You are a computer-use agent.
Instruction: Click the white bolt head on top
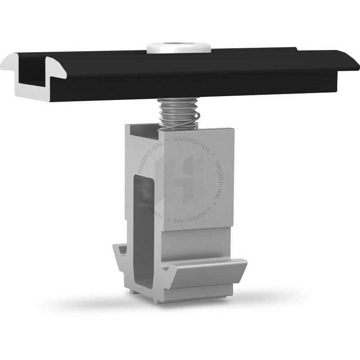(x=179, y=48)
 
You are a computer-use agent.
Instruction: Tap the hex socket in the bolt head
(x=177, y=45)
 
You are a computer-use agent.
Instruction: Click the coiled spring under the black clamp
(x=178, y=114)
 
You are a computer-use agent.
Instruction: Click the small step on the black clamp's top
(x=296, y=49)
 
